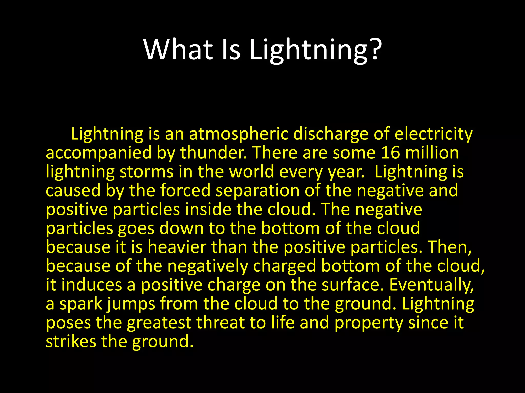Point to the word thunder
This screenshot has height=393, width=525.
tap(213, 153)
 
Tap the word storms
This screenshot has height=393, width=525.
tap(146, 172)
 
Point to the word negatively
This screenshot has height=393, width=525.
tap(208, 266)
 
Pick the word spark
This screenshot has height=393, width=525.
tap(81, 304)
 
